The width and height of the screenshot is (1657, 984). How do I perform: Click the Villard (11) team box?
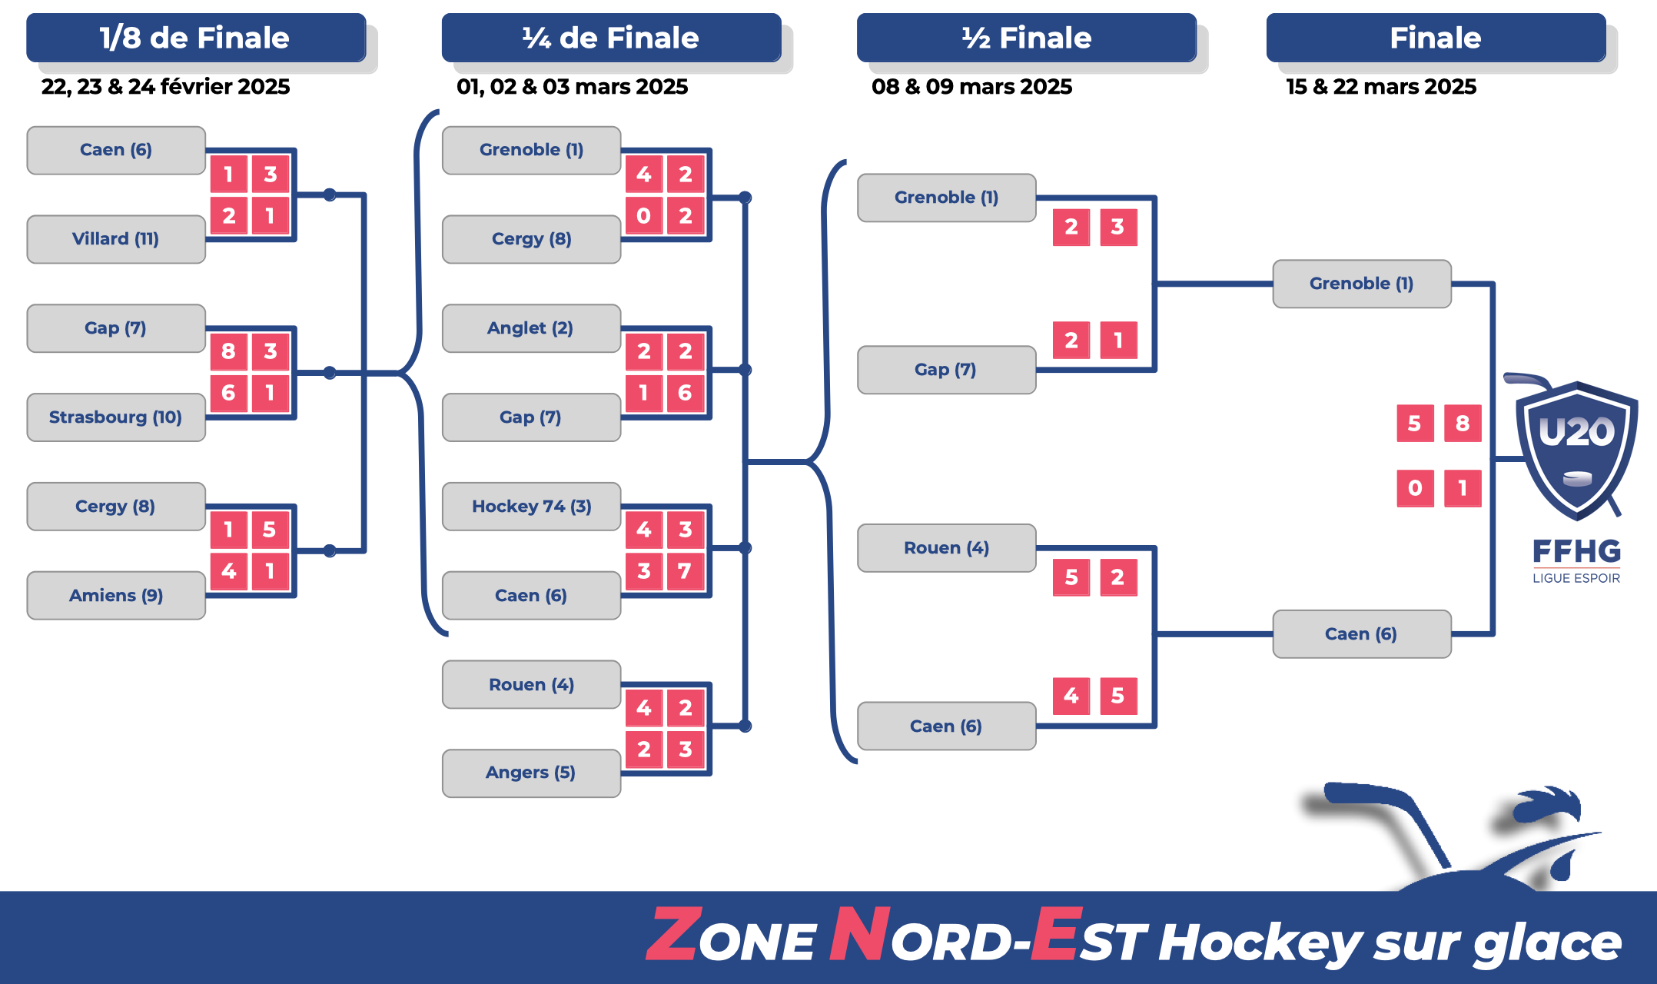pos(116,239)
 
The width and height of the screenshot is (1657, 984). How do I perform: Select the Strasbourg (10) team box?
pos(116,417)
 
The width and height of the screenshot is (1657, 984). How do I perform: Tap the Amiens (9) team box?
pos(116,596)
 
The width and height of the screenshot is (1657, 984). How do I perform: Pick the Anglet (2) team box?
pos(531,328)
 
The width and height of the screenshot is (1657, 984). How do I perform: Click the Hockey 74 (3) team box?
pos(531,507)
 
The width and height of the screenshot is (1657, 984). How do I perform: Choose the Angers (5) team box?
pos(531,773)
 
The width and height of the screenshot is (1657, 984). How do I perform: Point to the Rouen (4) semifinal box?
pos(946,548)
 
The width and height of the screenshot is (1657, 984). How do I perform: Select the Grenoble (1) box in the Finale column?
pos(1361,284)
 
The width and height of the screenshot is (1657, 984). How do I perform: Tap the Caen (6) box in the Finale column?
pos(1361,634)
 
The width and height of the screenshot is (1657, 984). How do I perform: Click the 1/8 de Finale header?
pos(195,38)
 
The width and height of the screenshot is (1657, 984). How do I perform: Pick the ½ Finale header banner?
pos(1026,38)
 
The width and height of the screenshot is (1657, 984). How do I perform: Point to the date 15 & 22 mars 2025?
pos(1381,87)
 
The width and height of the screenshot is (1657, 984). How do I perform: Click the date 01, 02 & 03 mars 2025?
pos(572,87)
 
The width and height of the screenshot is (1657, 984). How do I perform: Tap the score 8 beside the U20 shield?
pos(1463,424)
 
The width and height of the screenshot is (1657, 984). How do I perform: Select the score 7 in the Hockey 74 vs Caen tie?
pos(685,571)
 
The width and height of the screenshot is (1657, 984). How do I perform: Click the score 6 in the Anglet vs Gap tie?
pos(685,393)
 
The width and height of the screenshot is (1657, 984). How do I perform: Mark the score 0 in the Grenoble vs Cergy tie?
pos(644,216)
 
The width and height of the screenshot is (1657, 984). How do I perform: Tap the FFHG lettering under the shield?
pos(1576,551)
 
